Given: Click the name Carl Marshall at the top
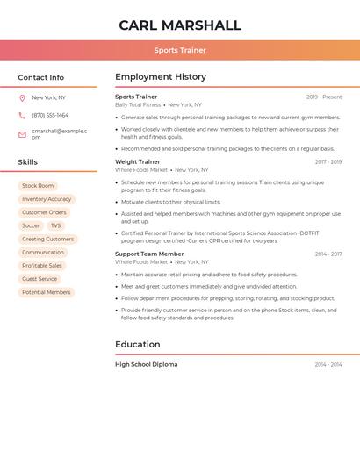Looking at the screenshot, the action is (180, 25).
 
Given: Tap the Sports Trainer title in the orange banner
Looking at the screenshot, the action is (180, 51).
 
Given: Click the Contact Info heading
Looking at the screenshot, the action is (41, 77).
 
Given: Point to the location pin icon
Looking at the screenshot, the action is (22, 98).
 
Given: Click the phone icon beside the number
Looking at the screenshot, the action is (22, 116).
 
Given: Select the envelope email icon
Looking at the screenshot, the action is (22, 134).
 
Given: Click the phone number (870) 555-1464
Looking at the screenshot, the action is (50, 116).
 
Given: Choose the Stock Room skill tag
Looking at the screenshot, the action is (38, 186).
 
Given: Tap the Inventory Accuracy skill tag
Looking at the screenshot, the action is (47, 199).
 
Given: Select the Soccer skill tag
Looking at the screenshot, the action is (31, 225).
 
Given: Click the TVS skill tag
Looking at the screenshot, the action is (55, 225).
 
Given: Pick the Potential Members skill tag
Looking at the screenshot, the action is (47, 292).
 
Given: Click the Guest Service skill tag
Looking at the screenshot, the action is (40, 279).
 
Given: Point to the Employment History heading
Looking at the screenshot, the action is (161, 77).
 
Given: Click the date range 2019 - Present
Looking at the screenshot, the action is (324, 97).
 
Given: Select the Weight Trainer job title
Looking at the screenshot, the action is (138, 161).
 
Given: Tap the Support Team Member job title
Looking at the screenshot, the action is (149, 254).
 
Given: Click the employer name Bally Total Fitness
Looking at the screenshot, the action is (138, 105).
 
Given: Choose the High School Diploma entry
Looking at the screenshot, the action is (146, 364).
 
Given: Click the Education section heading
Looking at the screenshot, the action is (138, 345).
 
